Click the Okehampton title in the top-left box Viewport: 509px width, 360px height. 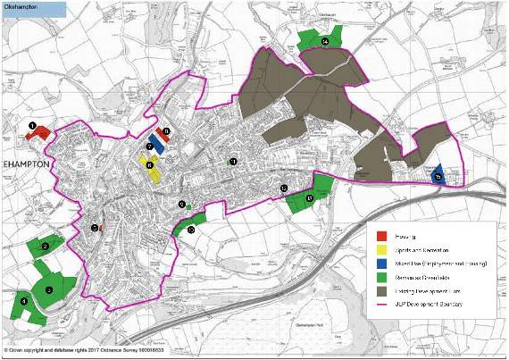pos(21,7)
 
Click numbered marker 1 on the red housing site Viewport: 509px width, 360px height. pos(32,127)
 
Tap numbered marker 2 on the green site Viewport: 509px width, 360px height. pos(45,246)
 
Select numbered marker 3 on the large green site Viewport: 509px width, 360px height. pos(49,289)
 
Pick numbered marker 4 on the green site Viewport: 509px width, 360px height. pos(24,302)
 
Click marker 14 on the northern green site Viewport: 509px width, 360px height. pos(325,41)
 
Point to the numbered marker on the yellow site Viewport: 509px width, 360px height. pos(150,164)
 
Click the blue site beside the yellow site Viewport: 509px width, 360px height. pos(156,144)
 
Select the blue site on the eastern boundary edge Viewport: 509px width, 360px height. pos(438,176)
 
